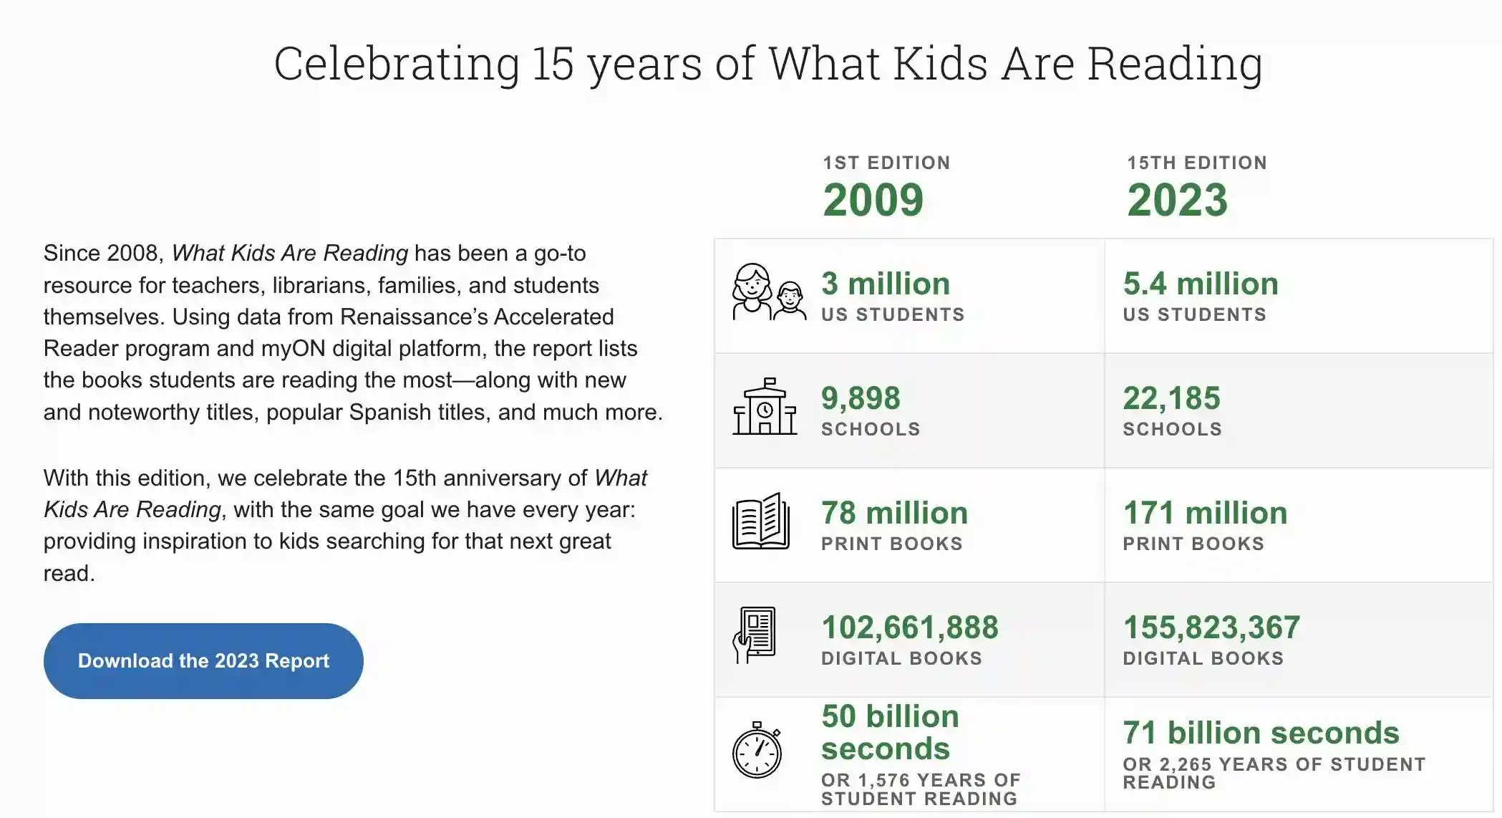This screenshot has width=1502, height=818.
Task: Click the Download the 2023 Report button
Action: click(x=203, y=660)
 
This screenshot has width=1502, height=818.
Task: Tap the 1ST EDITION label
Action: click(x=886, y=163)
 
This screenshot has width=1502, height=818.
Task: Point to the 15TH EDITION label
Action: click(x=1197, y=163)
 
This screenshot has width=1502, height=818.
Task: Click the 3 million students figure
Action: click(x=886, y=284)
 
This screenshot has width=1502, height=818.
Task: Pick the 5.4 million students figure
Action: click(x=1201, y=284)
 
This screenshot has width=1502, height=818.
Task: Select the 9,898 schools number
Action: click(x=861, y=398)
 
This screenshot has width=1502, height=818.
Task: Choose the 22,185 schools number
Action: click(x=1171, y=398)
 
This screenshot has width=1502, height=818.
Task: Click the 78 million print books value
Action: click(x=894, y=513)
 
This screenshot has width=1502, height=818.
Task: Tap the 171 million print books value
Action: click(x=1205, y=513)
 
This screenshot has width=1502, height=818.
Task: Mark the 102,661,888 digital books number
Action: click(x=909, y=627)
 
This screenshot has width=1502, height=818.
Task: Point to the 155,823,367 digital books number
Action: click(x=1211, y=627)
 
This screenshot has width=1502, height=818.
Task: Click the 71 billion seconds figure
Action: click(x=1261, y=733)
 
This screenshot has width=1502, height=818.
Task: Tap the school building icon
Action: click(x=765, y=406)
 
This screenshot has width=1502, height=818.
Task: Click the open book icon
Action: click(x=761, y=521)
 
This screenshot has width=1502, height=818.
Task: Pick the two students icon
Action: click(x=769, y=292)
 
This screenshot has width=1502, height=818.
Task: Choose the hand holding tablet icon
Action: click(x=754, y=635)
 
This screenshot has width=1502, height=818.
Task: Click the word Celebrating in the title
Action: click(x=397, y=63)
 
